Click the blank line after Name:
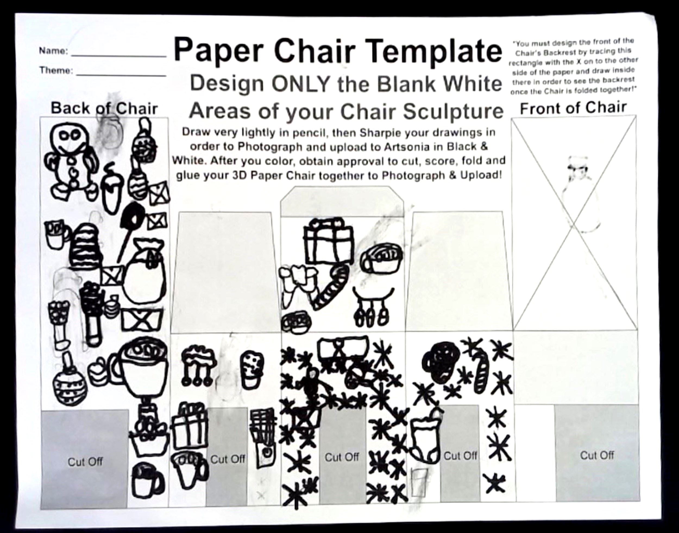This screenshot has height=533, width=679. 119,56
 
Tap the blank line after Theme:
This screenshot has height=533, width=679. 121,75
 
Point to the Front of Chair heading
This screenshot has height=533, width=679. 573,108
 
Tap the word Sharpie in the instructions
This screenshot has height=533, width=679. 382,133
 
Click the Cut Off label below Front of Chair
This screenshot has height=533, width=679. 597,455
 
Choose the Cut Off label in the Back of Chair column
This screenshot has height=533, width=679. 85,462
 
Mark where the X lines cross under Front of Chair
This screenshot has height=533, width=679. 574,223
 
